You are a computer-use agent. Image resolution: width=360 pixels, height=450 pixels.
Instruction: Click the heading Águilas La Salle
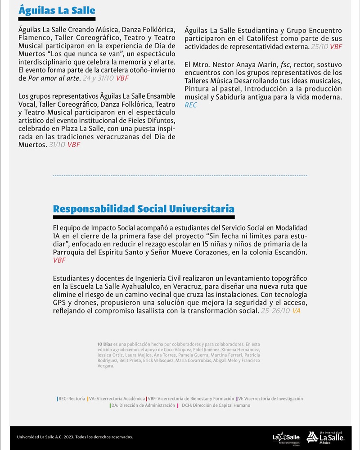57,9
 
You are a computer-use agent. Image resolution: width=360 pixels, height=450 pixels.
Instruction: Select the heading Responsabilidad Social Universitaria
144,209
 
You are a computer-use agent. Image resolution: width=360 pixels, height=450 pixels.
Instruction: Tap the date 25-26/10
275,311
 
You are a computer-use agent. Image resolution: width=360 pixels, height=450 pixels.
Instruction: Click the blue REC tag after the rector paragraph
191,105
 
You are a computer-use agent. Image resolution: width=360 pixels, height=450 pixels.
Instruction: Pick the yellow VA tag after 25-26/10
297,311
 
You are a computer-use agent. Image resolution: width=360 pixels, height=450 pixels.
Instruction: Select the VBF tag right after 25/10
336,46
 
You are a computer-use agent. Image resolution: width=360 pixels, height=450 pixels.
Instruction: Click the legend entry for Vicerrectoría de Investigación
270,399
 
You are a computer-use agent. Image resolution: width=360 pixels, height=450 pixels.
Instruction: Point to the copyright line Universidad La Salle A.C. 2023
75,436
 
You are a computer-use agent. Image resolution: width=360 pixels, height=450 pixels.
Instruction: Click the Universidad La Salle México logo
326,436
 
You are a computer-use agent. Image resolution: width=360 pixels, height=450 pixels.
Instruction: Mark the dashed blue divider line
180,176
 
